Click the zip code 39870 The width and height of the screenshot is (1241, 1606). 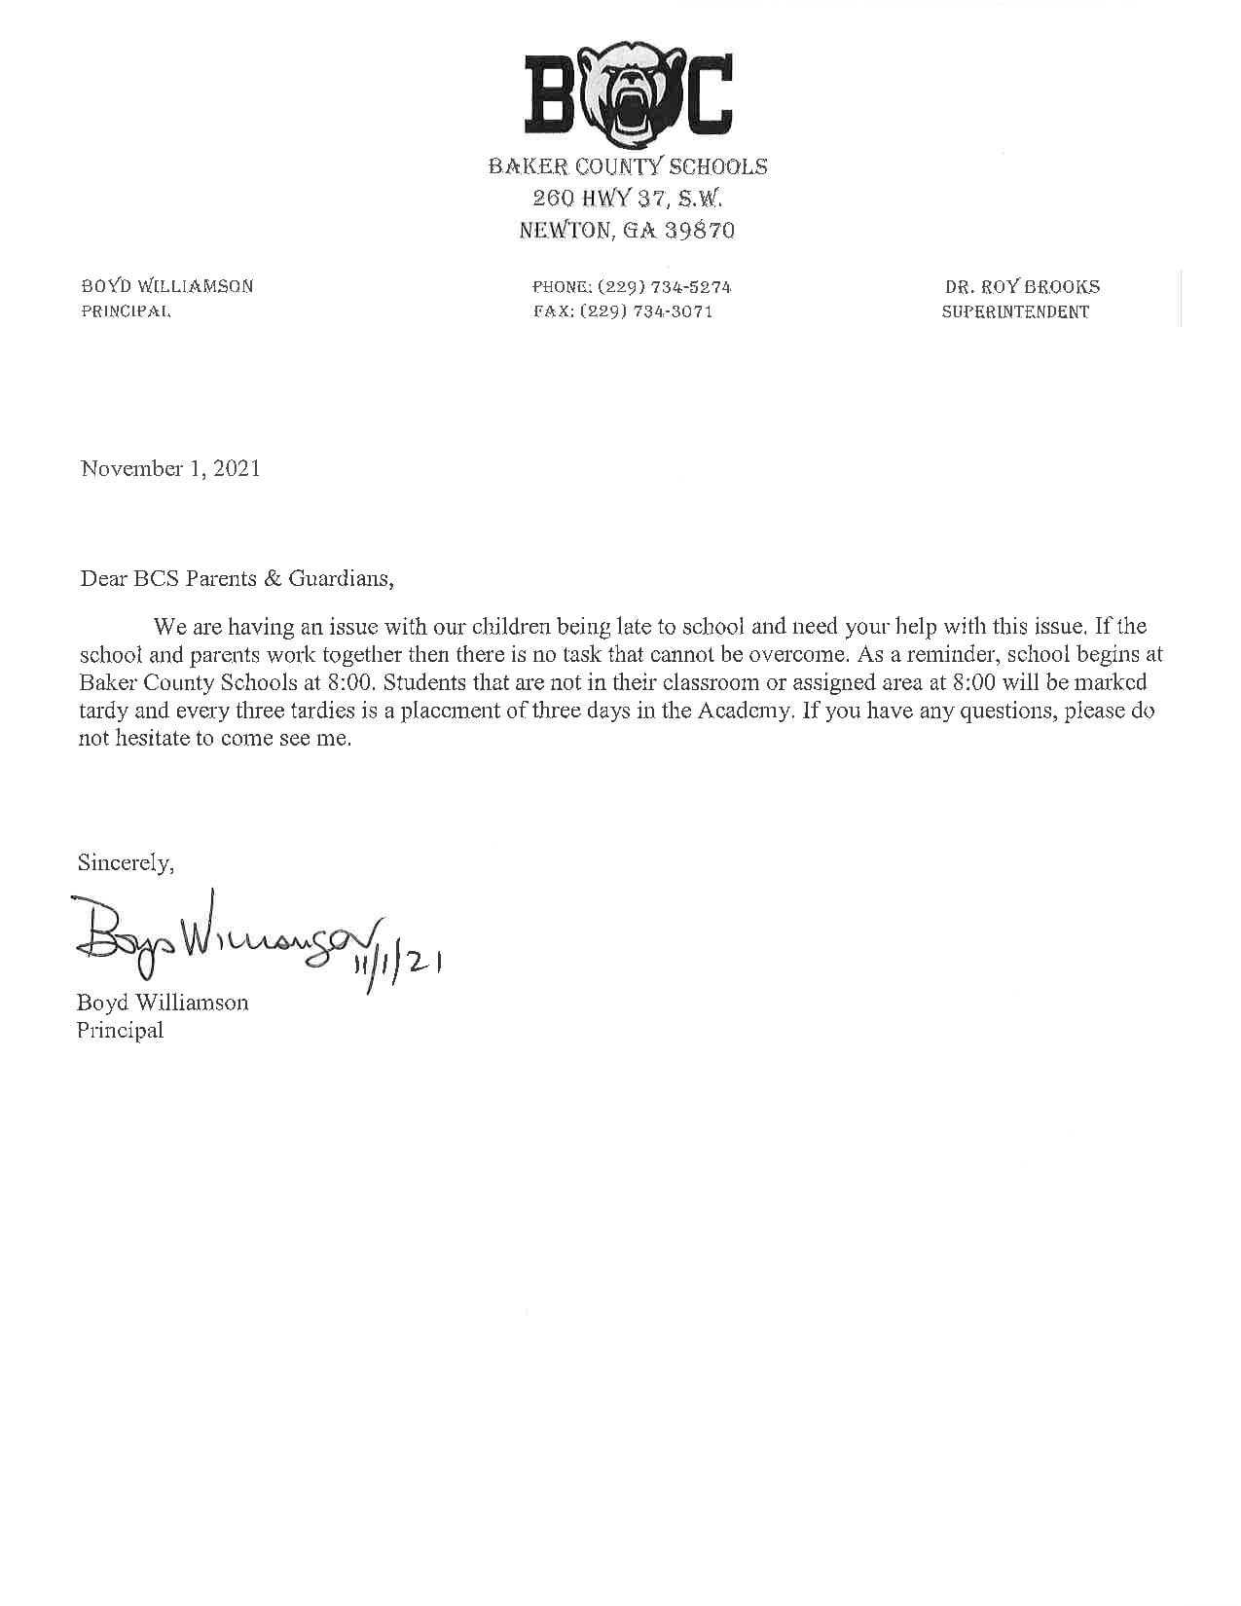pyautogui.click(x=700, y=231)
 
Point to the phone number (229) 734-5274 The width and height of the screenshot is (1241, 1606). pyautogui.click(x=664, y=287)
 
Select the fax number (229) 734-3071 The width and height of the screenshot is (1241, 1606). pyautogui.click(x=646, y=312)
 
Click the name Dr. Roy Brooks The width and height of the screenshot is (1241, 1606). pyautogui.click(x=1022, y=287)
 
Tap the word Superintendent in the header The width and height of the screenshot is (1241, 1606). pyautogui.click(x=1015, y=312)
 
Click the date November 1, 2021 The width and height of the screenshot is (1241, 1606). pyautogui.click(x=170, y=468)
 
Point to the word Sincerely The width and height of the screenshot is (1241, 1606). pyautogui.click(x=126, y=862)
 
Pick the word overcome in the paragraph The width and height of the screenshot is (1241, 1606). pyautogui.click(x=787, y=654)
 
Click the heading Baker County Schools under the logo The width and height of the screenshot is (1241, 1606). pyautogui.click(x=628, y=166)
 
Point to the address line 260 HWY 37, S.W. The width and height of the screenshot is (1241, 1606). pyautogui.click(x=628, y=199)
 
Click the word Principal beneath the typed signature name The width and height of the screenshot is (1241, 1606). pyautogui.click(x=120, y=1030)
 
